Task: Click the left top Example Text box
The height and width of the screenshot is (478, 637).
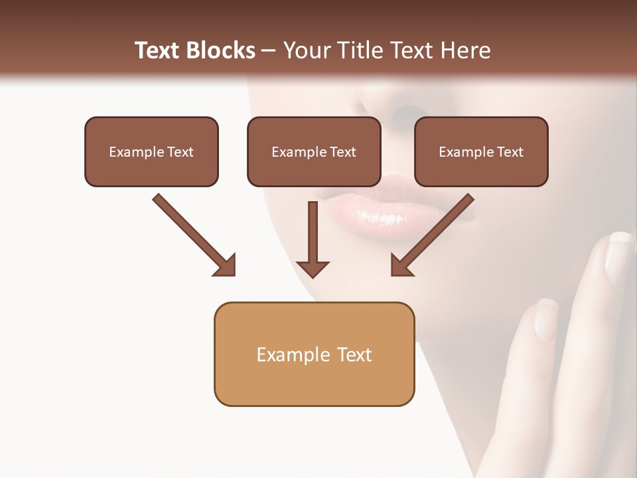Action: point(151,151)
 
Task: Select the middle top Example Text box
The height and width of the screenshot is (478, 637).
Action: point(314,151)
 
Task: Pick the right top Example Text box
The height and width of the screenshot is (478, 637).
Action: point(481,151)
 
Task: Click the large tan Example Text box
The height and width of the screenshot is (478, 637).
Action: point(314,354)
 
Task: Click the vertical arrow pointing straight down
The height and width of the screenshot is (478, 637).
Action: point(313,239)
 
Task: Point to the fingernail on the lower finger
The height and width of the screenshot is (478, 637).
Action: point(546,319)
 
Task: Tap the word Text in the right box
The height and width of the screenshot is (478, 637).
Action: point(510,151)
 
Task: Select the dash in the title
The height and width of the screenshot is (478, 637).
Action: point(269,50)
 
